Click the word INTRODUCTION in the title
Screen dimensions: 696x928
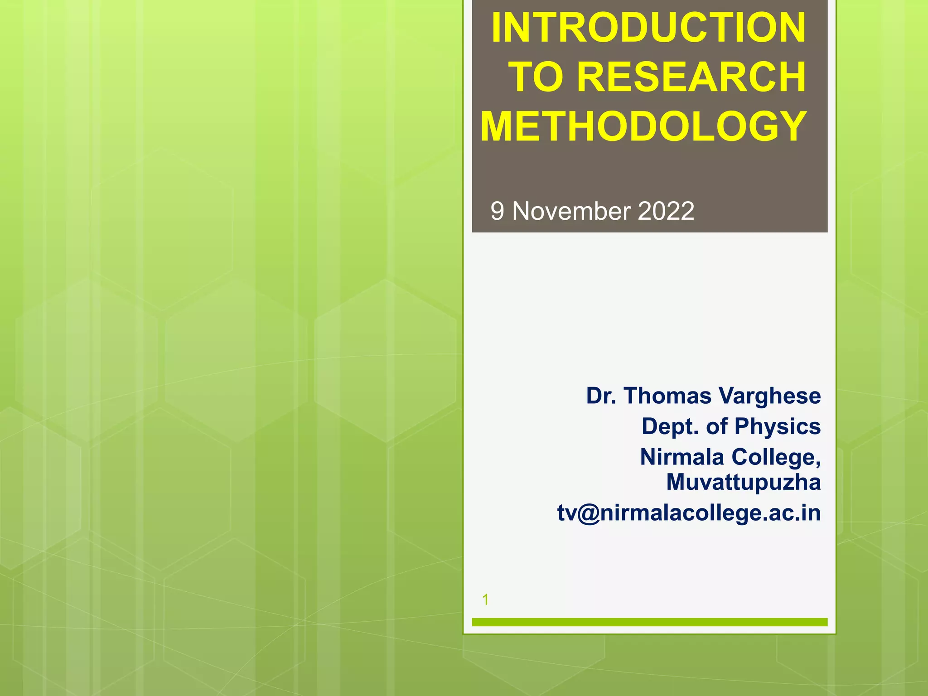coord(648,28)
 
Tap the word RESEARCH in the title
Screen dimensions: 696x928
coord(691,77)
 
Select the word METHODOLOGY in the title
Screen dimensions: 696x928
coord(643,126)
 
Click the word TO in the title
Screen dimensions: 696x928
coord(537,77)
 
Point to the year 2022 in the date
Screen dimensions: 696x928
coord(666,211)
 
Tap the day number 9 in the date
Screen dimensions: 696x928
coord(497,212)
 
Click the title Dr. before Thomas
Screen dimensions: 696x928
coord(601,396)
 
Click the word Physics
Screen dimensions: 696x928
coord(778,427)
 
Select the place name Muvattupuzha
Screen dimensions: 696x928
coord(744,482)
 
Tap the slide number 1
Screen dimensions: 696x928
coord(485,600)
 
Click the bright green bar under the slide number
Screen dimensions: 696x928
coord(649,622)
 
